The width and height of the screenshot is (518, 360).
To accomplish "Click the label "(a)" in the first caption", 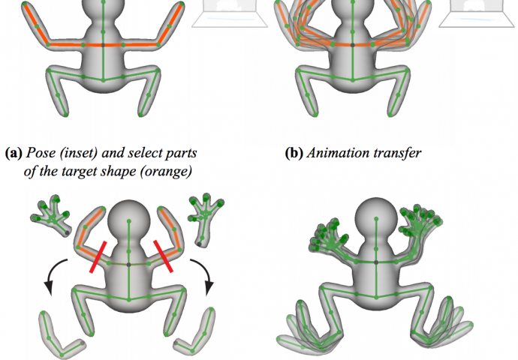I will click(13, 154).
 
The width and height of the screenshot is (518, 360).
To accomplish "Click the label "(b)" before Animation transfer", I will click(295, 154).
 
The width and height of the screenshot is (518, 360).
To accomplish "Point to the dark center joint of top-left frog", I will click(103, 45).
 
